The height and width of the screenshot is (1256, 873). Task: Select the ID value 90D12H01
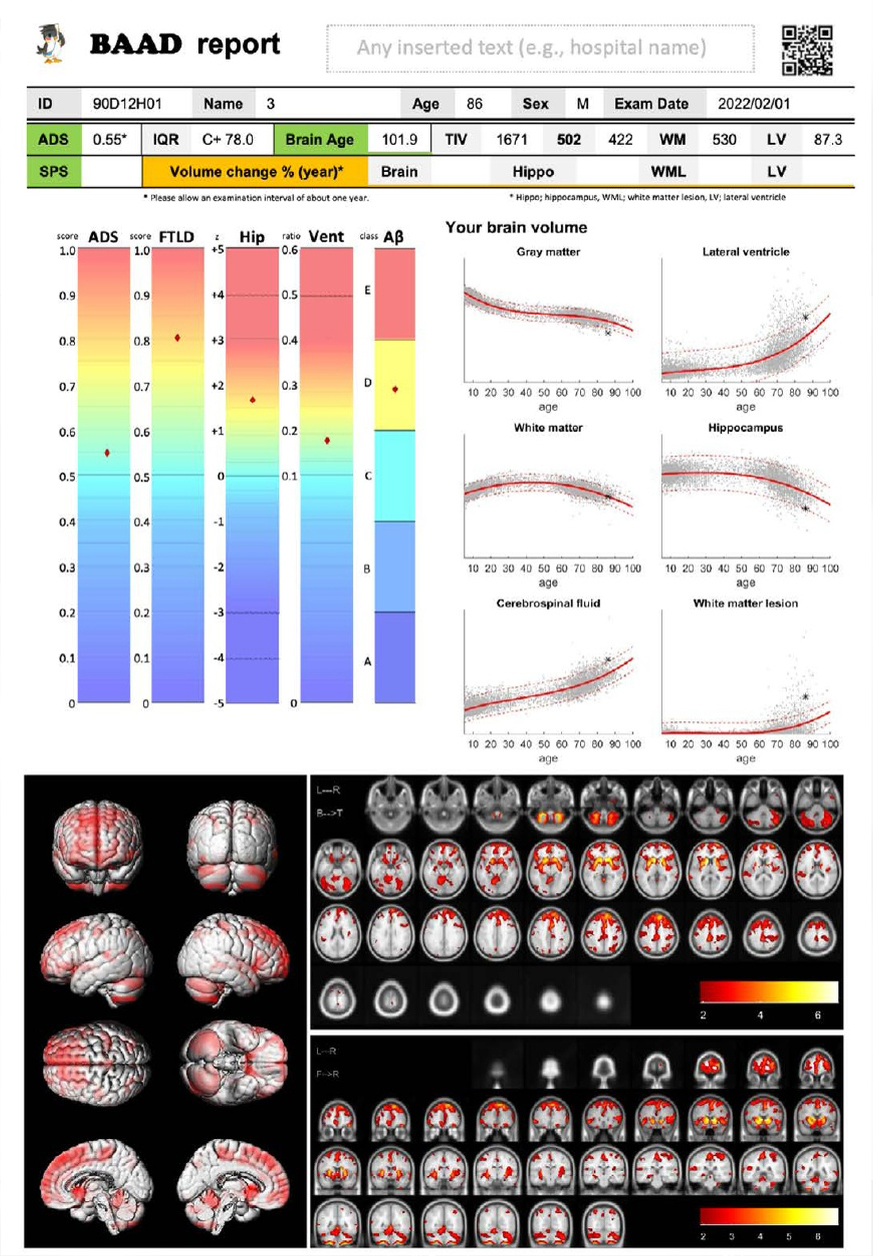(121, 103)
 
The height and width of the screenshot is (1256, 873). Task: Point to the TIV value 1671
(512, 140)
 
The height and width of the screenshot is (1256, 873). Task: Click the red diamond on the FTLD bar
(177, 338)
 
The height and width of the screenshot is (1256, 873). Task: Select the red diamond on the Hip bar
(253, 400)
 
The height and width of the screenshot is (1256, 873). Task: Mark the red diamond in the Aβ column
(395, 389)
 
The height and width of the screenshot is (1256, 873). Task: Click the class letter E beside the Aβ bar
(368, 291)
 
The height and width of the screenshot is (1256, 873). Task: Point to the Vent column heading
(326, 237)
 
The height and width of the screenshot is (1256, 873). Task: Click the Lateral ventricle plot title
(746, 252)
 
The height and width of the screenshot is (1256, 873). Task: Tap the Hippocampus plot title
(746, 428)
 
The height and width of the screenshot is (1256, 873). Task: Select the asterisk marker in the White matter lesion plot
(805, 696)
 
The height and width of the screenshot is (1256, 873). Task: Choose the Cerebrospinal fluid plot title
(548, 604)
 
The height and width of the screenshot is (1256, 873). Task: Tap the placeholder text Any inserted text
(532, 47)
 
